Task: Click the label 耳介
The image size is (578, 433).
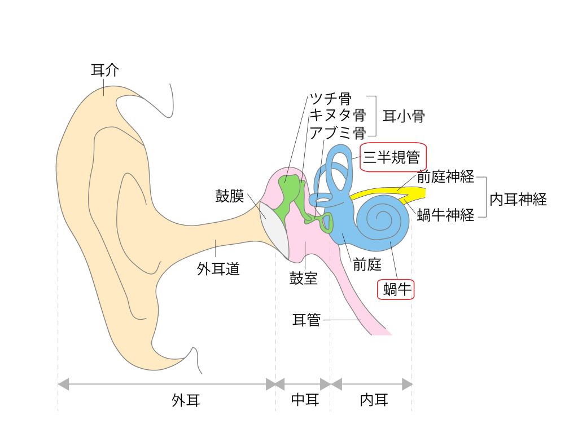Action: pyautogui.click(x=105, y=70)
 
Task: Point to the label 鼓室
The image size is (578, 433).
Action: pyautogui.click(x=304, y=279)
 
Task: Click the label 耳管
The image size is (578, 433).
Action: pyautogui.click(x=306, y=320)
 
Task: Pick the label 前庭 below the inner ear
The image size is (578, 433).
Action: pyautogui.click(x=367, y=264)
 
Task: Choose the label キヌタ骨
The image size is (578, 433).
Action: pyautogui.click(x=338, y=116)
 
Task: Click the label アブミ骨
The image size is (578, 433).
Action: pyautogui.click(x=338, y=133)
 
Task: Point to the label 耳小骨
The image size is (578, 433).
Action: pyautogui.click(x=404, y=117)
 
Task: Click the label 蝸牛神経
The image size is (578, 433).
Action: pyautogui.click(x=446, y=215)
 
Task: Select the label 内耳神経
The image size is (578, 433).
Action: pyautogui.click(x=518, y=199)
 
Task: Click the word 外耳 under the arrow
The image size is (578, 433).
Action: pyautogui.click(x=186, y=401)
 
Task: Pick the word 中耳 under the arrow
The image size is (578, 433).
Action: pyautogui.click(x=305, y=401)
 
